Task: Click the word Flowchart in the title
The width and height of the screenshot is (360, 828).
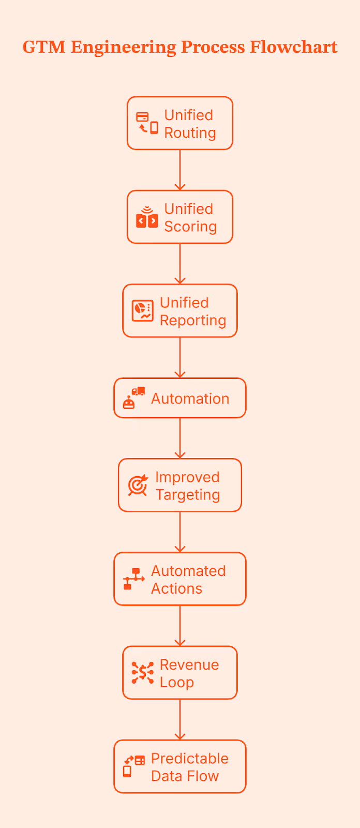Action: pyautogui.click(x=293, y=47)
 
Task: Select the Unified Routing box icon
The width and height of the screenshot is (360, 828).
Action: pyautogui.click(x=147, y=123)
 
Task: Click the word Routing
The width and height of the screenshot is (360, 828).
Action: pyautogui.click(x=190, y=133)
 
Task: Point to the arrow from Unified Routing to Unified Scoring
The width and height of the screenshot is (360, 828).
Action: pyautogui.click(x=180, y=170)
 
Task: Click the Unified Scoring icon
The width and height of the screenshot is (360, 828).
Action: pyautogui.click(x=147, y=217)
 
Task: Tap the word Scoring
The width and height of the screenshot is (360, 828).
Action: pyautogui.click(x=190, y=227)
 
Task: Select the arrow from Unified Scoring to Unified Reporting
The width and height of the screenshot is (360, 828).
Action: pyautogui.click(x=180, y=264)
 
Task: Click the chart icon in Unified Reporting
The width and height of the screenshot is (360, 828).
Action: pyautogui.click(x=142, y=311)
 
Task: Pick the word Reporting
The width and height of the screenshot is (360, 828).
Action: pyautogui.click(x=193, y=320)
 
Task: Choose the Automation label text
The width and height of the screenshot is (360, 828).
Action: pyautogui.click(x=190, y=398)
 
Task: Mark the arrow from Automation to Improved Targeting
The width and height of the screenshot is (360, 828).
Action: pyautogui.click(x=180, y=438)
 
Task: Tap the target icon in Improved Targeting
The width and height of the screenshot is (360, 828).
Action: pyautogui.click(x=138, y=485)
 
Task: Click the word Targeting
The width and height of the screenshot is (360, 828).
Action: pyautogui.click(x=188, y=495)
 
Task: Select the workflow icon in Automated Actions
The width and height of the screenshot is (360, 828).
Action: pyautogui.click(x=133, y=579)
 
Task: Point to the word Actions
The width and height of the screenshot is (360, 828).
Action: pyautogui.click(x=176, y=588)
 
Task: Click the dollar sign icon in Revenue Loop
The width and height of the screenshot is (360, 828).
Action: pyautogui.click(x=142, y=673)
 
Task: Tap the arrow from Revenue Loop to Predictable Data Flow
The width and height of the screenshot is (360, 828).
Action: pyautogui.click(x=180, y=719)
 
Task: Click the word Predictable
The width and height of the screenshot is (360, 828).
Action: pyautogui.click(x=190, y=758)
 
